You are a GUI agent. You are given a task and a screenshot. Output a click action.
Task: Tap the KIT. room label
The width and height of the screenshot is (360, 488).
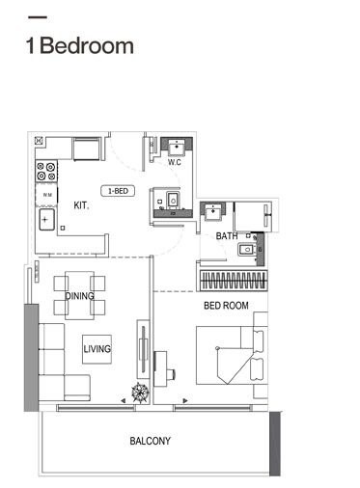(83, 204)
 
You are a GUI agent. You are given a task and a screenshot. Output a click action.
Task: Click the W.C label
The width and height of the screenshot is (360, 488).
(175, 162)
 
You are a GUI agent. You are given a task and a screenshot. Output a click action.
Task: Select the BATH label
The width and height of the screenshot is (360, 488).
(227, 235)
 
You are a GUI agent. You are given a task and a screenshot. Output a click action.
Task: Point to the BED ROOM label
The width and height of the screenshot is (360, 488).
(226, 306)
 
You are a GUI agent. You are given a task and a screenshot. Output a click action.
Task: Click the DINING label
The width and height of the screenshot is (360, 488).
(79, 296)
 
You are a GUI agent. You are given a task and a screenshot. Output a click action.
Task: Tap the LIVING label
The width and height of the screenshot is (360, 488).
(97, 349)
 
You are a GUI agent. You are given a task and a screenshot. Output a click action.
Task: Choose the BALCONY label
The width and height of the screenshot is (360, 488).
(150, 441)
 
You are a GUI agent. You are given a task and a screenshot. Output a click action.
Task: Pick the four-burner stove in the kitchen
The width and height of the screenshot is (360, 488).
(47, 172)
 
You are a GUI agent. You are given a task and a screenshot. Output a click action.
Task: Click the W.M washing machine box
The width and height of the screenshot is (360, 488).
(46, 195)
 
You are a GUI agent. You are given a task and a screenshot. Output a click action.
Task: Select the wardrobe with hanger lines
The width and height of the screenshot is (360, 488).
(233, 281)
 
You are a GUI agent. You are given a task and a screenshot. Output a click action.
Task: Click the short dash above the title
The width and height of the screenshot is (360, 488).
(38, 18)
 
